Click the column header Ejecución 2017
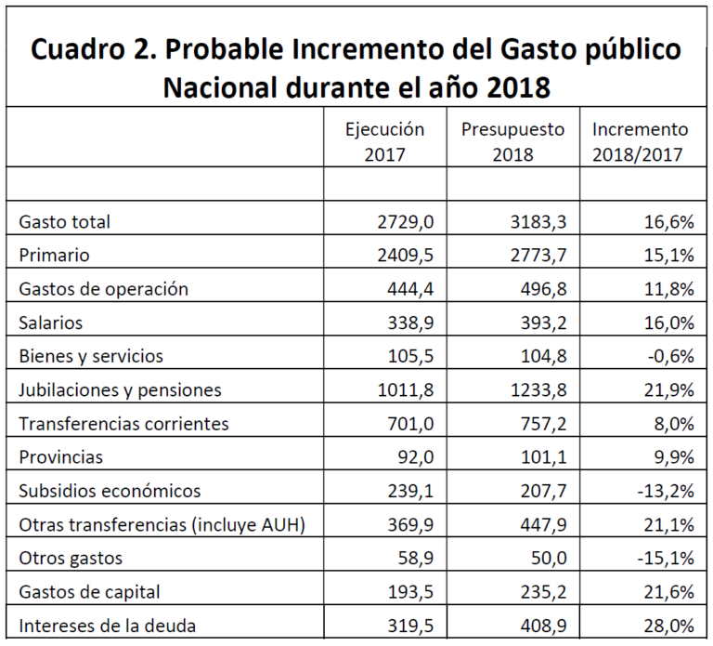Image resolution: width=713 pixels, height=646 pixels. [x=384, y=141]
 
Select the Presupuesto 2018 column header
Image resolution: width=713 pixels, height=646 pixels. [x=512, y=141]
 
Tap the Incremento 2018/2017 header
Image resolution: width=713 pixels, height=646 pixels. [x=641, y=141]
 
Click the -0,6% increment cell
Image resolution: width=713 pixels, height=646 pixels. [x=669, y=356]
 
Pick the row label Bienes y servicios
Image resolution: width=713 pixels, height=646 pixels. [x=91, y=356]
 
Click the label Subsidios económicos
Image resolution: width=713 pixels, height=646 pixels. [x=110, y=491]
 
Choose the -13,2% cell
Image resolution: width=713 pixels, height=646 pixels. [x=665, y=491]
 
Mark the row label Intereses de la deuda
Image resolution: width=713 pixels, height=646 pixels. [x=108, y=625]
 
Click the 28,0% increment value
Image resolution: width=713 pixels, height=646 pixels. [x=669, y=625]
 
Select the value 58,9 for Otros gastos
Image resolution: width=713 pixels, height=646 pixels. [x=415, y=558]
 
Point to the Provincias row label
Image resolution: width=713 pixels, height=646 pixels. [x=60, y=457]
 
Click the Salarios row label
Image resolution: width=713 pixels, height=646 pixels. [x=51, y=323]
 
